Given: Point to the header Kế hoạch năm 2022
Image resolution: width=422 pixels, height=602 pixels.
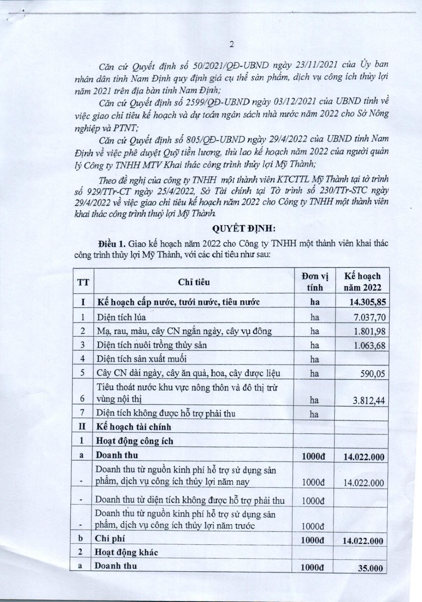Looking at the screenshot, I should [x=362, y=282].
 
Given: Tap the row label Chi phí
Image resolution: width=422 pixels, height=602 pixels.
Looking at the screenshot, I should [x=109, y=541].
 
